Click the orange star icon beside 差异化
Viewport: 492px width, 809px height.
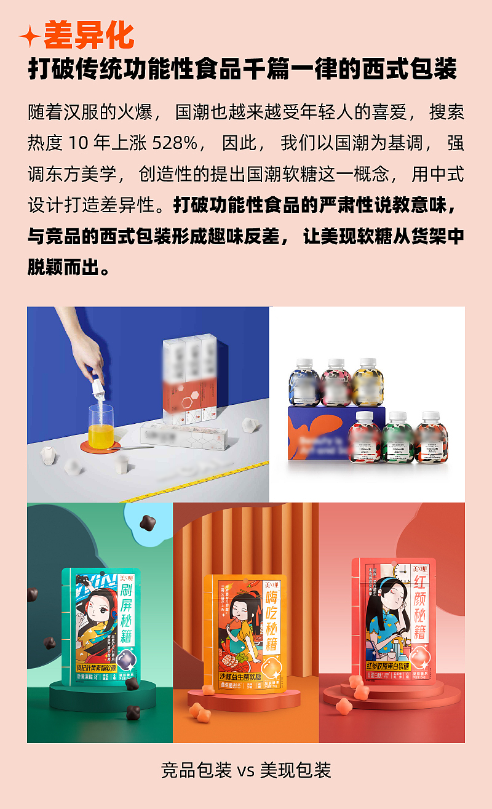tap(30, 37)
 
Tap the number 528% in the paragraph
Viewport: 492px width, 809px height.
tap(175, 144)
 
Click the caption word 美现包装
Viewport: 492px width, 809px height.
tap(296, 770)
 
